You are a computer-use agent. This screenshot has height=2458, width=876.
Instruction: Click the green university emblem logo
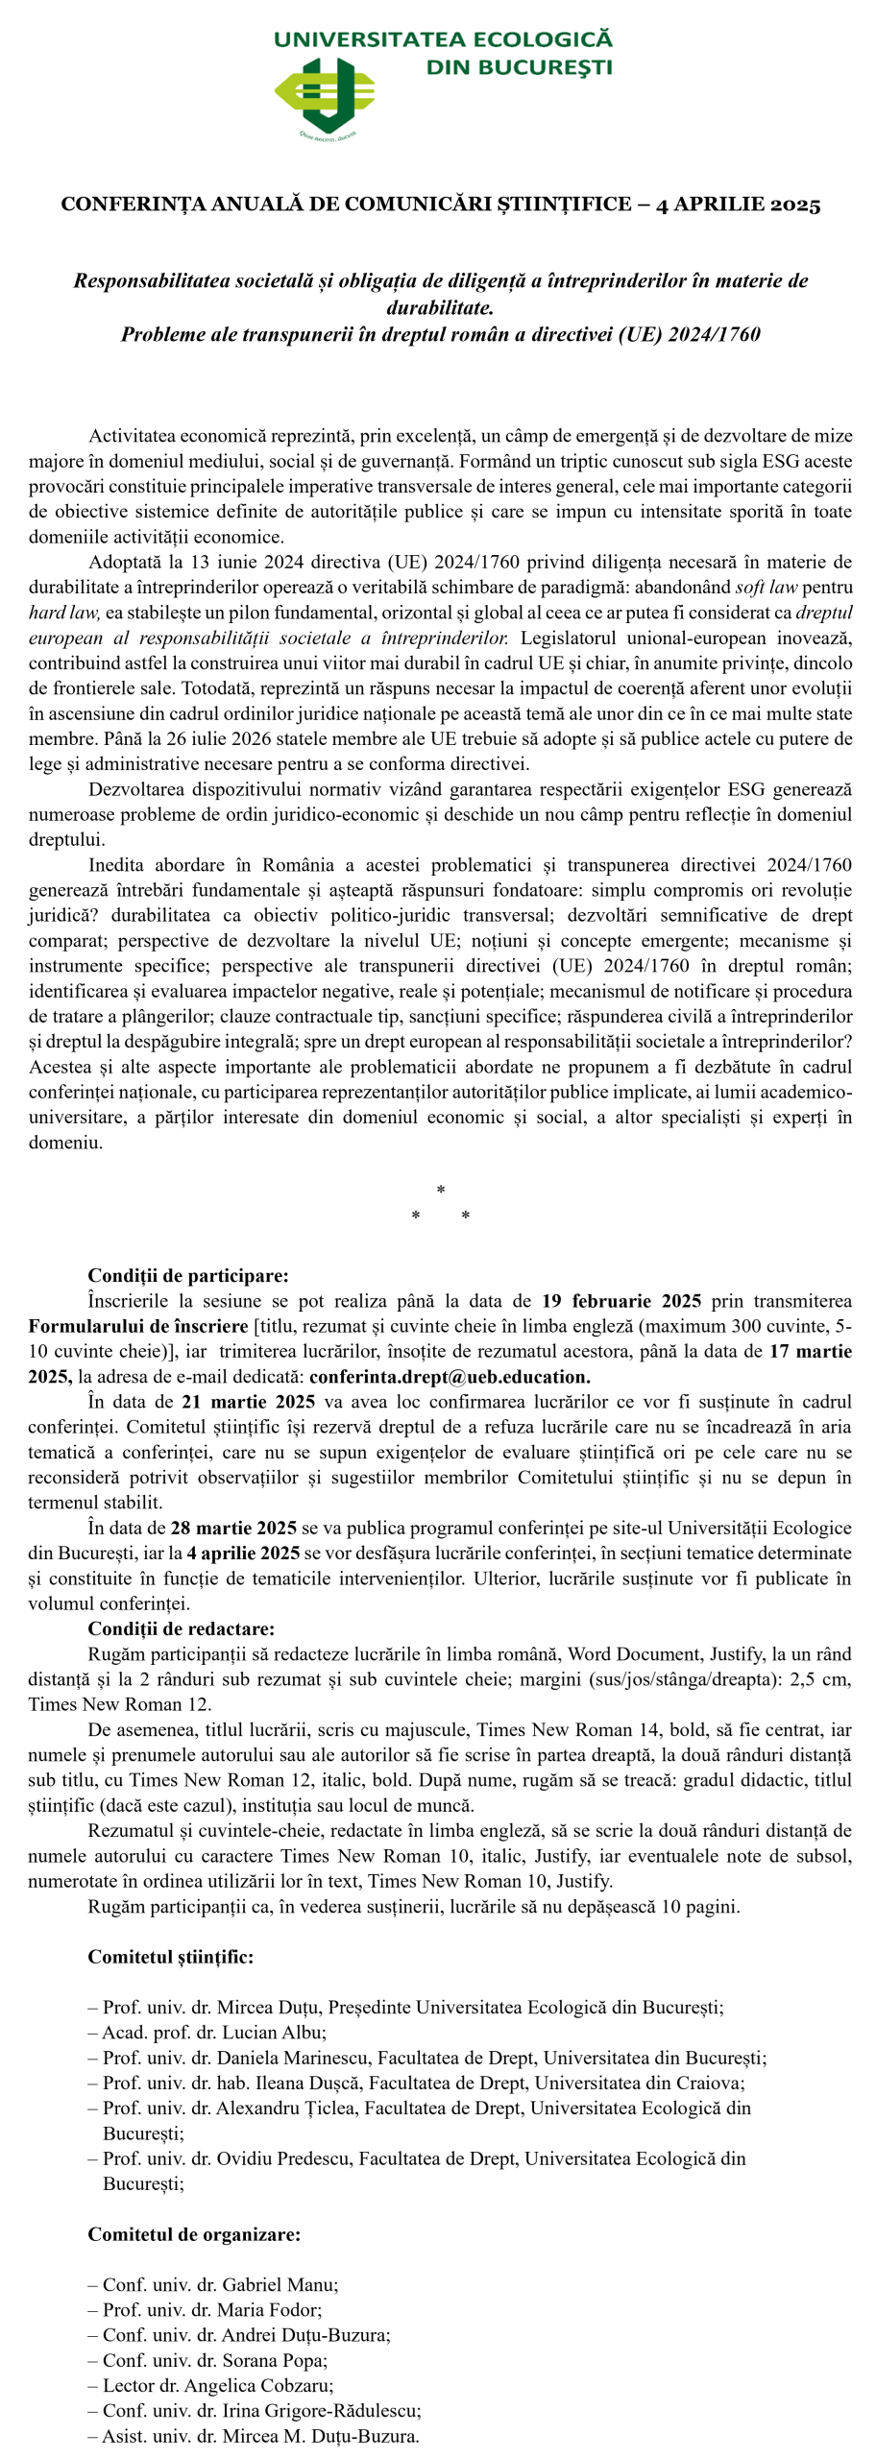[x=325, y=94]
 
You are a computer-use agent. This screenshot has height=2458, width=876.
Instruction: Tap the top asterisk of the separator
[x=440, y=1191]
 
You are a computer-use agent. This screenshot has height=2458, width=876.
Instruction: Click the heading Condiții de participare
[x=187, y=1276]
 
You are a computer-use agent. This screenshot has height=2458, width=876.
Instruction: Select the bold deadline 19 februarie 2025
[x=621, y=1301]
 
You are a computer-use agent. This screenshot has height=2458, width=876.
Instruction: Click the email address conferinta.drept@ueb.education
[x=449, y=1377]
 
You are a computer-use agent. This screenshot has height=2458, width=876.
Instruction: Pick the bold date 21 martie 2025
[x=248, y=1402]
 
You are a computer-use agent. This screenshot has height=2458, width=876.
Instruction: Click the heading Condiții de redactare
[x=181, y=1628]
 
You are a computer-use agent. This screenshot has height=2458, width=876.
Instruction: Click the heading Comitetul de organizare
[x=193, y=2234]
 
